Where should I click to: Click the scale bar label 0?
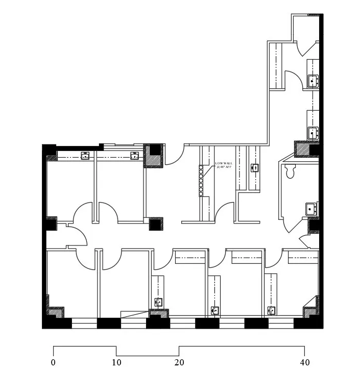pyautogui.click(x=53, y=363)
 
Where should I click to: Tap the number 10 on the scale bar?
pyautogui.click(x=116, y=363)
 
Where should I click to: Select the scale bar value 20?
pyautogui.click(x=179, y=363)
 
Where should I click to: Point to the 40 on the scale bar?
pyautogui.click(x=304, y=363)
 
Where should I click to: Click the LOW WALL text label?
pyautogui.click(x=224, y=165)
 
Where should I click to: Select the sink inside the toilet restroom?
pyautogui.click(x=311, y=208)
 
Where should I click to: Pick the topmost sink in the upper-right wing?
pyautogui.click(x=313, y=80)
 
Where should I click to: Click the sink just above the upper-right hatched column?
pyautogui.click(x=313, y=133)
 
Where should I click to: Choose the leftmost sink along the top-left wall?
pyautogui.click(x=85, y=156)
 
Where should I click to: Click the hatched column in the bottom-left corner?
pyautogui.click(x=56, y=312)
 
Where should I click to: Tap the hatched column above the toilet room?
pyautogui.click(x=306, y=149)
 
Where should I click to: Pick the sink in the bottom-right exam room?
pyautogui.click(x=272, y=310)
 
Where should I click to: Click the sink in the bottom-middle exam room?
pyautogui.click(x=215, y=310)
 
